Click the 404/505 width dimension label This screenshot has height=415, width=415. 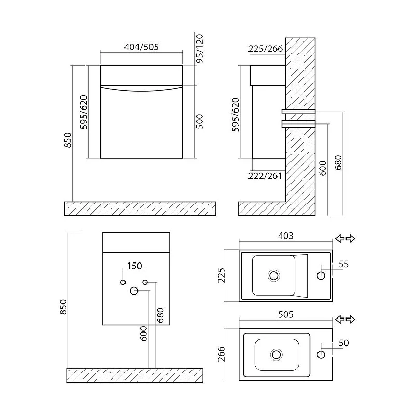[x=141, y=47]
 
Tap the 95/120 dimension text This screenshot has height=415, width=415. [x=200, y=48]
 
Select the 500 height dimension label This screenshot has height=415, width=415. [x=200, y=121]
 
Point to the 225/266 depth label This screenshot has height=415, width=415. [x=266, y=49]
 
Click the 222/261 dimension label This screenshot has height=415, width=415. [x=265, y=176]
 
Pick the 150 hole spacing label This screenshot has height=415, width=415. [x=134, y=266]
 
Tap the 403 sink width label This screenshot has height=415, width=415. [x=286, y=236]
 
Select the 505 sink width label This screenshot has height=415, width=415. [x=286, y=315]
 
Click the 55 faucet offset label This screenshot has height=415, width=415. [x=343, y=264]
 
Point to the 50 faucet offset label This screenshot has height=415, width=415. [x=343, y=343]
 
